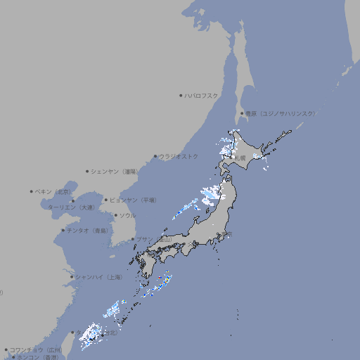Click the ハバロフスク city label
[x=201, y=96]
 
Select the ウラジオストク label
[x=179, y=156]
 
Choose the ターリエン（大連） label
[x=71, y=207]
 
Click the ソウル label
[x=127, y=216]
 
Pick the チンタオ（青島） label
[x=87, y=231]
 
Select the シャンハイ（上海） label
[x=98, y=277]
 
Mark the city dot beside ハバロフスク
[x=181, y=96]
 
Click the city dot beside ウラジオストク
[x=155, y=156]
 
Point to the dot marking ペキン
[x=31, y=191]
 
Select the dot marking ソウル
[x=115, y=216]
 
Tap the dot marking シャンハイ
[x=72, y=277]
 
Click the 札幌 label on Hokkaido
[x=240, y=158]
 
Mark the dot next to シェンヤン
[x=87, y=171]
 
